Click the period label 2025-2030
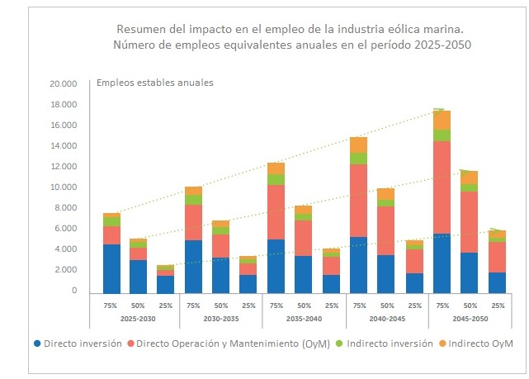point(138,318)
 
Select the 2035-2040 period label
point(303,318)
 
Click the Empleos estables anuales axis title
point(155,83)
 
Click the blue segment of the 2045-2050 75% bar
point(441,263)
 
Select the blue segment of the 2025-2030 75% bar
point(111,268)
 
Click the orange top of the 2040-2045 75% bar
point(358,144)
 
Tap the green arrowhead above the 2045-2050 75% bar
point(440,109)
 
